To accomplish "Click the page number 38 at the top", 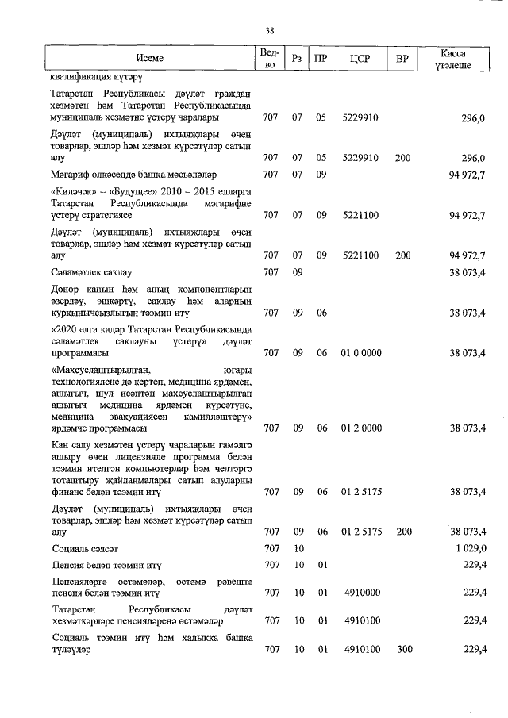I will click(269, 31).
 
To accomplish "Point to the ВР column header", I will click(402, 58).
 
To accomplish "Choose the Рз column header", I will click(297, 58).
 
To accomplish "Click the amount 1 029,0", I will click(468, 548).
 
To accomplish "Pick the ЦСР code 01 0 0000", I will click(360, 352).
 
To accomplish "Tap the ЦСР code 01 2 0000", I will click(360, 428).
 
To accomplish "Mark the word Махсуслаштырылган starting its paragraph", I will click(102, 369).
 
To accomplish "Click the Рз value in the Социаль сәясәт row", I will click(297, 548).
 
